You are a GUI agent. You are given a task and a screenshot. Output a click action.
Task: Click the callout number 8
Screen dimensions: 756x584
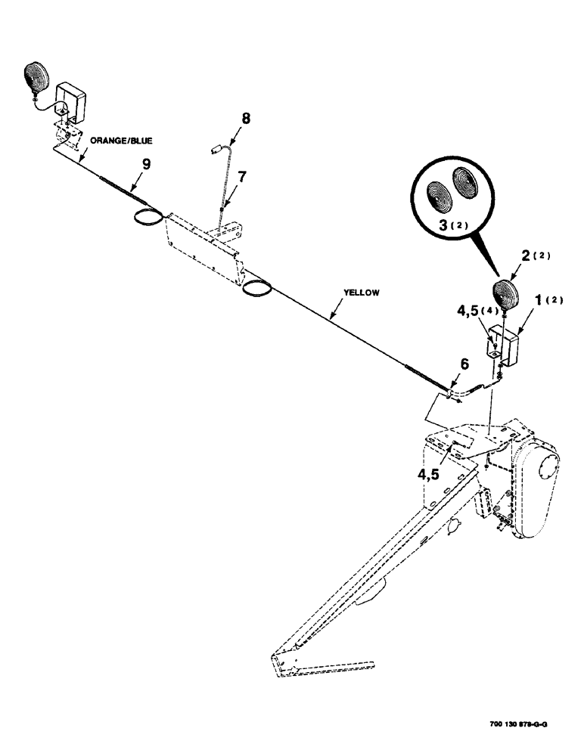point(245,118)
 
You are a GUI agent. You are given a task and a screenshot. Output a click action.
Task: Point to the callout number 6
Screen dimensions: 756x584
point(464,365)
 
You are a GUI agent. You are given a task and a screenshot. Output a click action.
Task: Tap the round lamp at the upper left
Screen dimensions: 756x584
point(36,76)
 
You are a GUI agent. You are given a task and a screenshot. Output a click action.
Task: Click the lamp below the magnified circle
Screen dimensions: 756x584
point(503,291)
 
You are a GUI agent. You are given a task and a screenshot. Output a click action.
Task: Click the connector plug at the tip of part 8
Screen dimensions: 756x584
point(216,150)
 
